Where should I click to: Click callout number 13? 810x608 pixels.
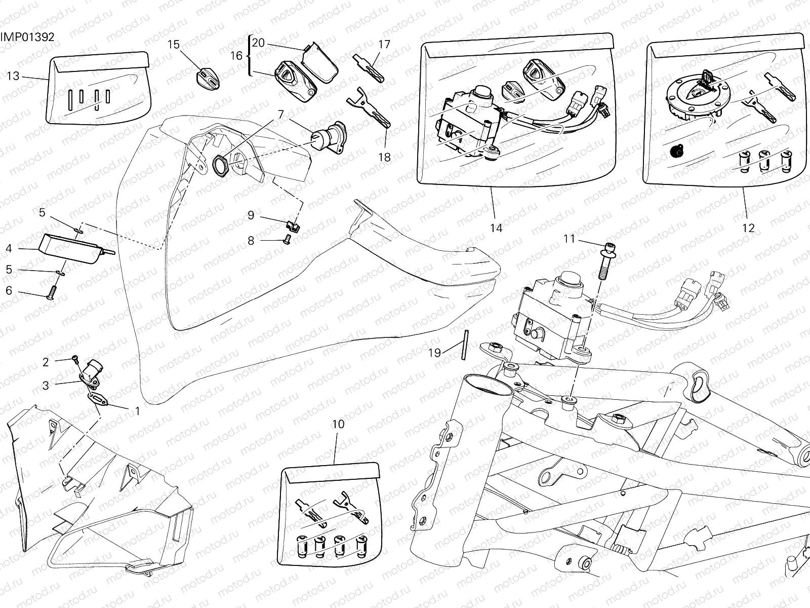point(13,76)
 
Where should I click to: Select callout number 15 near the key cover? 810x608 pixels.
point(173,45)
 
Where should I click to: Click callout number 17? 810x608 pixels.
point(384,45)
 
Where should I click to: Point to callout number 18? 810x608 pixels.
point(384,157)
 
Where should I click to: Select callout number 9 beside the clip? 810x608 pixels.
point(251,215)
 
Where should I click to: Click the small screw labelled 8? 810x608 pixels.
point(287,239)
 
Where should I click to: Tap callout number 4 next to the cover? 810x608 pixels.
point(9,248)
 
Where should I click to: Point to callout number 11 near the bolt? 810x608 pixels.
point(570,238)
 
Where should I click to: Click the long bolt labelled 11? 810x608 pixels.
point(606,261)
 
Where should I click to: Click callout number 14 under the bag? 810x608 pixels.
point(496,228)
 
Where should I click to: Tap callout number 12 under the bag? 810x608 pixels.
point(748,228)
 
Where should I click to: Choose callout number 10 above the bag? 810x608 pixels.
point(338,424)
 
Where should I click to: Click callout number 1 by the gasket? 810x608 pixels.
point(137,411)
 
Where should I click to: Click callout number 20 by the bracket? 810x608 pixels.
point(258,43)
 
